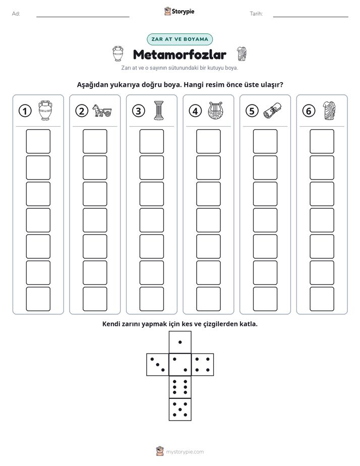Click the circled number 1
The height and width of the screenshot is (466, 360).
click(25, 111)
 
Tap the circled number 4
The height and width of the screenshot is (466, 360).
click(195, 111)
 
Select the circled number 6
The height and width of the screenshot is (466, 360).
click(309, 111)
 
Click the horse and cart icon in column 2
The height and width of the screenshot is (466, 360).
click(102, 110)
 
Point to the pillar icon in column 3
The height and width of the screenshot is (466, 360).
click(159, 110)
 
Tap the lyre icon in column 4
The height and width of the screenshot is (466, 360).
click(215, 111)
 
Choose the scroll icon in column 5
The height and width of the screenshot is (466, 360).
click(272, 110)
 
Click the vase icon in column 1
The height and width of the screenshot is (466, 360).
click(45, 110)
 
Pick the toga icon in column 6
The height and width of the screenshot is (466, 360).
click(329, 110)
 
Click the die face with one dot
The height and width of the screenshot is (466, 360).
click(180, 342)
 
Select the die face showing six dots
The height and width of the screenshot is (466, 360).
click(180, 387)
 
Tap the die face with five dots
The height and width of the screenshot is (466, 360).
click(180, 409)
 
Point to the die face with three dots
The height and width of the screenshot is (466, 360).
click(158, 365)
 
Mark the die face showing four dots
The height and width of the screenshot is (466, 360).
click(203, 365)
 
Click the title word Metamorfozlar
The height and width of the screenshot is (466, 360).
click(179, 54)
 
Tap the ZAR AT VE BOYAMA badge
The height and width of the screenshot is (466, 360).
click(179, 39)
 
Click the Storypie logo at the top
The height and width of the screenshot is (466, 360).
click(179, 11)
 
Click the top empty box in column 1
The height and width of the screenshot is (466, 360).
click(38, 141)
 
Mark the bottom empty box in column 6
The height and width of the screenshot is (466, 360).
click(322, 299)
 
